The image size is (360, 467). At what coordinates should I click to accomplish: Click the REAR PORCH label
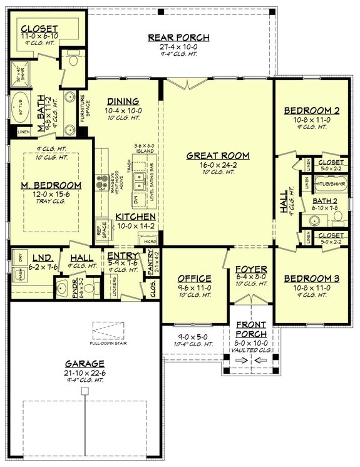point(178,37)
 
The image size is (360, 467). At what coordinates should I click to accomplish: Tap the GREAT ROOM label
point(218,155)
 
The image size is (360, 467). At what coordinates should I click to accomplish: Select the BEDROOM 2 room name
point(311,110)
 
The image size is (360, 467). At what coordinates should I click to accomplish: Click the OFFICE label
point(193,278)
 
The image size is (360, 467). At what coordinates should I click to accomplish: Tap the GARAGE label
point(85,363)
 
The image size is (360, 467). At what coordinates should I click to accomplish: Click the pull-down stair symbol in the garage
point(105,330)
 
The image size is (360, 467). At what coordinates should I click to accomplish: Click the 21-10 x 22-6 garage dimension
point(85,372)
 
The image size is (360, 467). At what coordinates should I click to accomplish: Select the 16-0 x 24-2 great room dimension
point(218,165)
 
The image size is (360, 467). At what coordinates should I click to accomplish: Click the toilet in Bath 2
point(337,217)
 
